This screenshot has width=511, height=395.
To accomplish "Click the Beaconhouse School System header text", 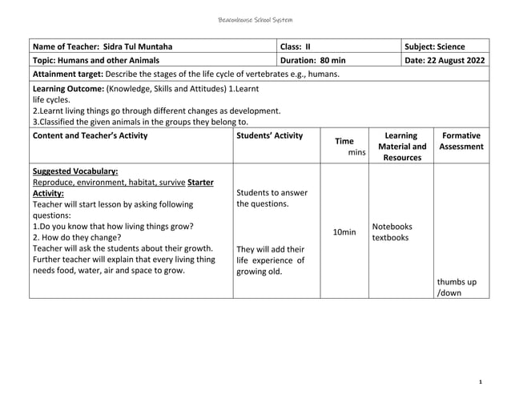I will (255, 19).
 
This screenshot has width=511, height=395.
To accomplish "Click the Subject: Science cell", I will (435, 46).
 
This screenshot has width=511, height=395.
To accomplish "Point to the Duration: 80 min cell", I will (312, 60).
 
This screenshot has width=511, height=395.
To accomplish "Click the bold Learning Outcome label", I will (68, 87).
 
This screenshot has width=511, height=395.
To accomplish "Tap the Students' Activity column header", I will (269, 135).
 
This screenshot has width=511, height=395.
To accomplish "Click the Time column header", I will (344, 141).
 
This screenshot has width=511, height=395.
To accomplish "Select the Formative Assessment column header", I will (461, 141).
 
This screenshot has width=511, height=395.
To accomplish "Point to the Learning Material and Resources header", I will (401, 147).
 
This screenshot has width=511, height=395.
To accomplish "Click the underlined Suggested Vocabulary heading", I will (75, 171).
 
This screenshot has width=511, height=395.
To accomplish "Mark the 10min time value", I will (344, 232).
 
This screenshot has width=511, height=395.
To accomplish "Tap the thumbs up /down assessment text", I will (457, 288).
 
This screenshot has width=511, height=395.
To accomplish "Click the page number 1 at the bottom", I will (478, 383).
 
